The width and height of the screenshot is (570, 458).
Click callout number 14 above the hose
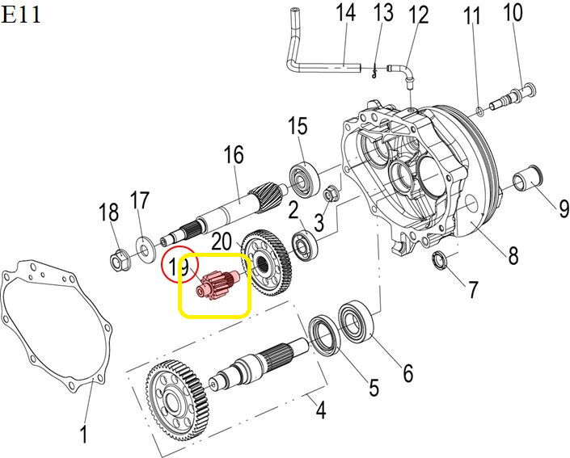tap(345, 14)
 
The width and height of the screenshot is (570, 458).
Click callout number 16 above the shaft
tap(234, 154)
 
